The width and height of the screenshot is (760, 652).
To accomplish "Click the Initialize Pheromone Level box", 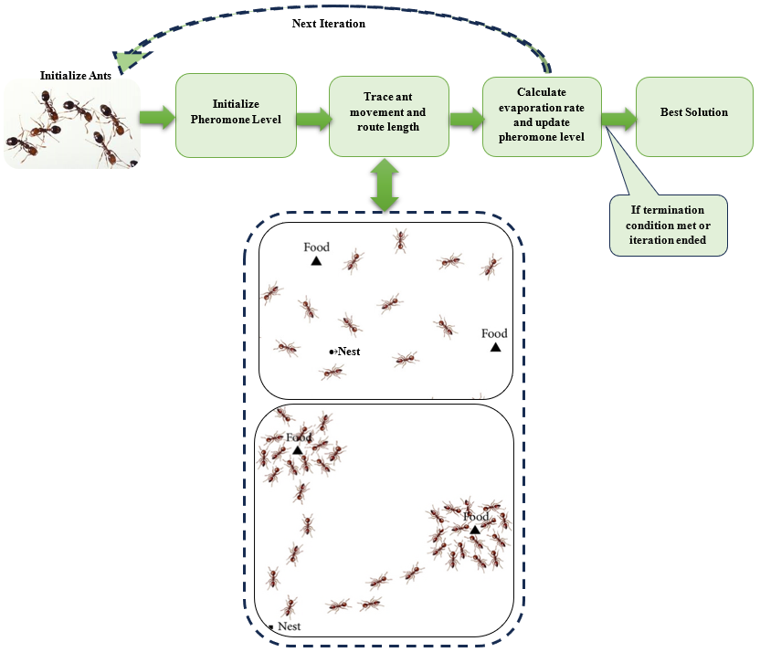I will [235, 117].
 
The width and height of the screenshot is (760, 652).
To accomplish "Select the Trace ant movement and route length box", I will [389, 117].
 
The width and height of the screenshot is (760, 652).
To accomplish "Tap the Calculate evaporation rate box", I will [542, 117].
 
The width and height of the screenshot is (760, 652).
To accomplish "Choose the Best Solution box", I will [694, 115].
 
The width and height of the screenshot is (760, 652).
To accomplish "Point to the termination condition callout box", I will [668, 225].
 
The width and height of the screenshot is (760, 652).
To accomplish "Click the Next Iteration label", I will [328, 24].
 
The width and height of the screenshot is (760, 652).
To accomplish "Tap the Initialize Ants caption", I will [76, 76].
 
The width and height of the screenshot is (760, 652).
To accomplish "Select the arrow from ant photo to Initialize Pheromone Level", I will [155, 117].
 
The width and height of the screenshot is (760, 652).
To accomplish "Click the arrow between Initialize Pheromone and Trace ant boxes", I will [312, 118].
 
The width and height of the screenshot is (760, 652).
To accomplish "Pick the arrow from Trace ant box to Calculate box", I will [466, 118].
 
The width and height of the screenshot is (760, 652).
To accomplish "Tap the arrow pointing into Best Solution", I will [619, 118].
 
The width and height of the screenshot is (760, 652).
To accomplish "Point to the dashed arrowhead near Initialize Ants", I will [128, 60].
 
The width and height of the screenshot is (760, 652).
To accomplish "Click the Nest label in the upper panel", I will [348, 351].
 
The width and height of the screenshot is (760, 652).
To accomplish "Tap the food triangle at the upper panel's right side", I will [495, 347].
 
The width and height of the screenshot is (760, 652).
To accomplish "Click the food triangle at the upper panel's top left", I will [316, 260].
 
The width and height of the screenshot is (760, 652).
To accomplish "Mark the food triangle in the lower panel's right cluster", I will [475, 530].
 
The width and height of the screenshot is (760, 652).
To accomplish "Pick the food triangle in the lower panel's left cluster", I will [297, 450].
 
